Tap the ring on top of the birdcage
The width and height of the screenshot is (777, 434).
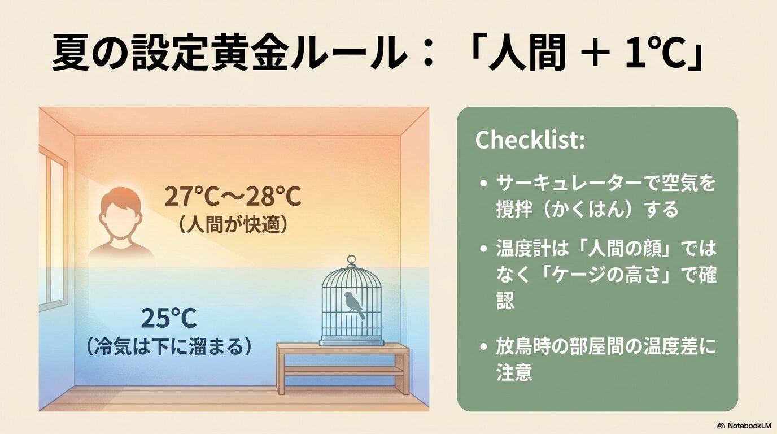tap(352, 262)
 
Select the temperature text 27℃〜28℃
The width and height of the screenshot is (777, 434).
tap(233, 197)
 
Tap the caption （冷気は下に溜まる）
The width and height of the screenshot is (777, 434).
tap(168, 346)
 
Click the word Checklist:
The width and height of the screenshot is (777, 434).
tap(529, 140)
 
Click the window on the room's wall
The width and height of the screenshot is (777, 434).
tap(53, 232)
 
